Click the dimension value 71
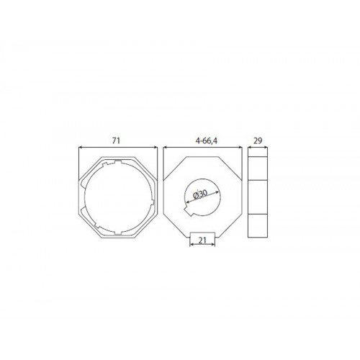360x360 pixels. click(x=116, y=141)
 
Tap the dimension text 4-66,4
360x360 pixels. click(x=207, y=141)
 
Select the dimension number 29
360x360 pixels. click(x=258, y=141)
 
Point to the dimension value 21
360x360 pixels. click(x=202, y=240)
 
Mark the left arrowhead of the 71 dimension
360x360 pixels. click(x=81, y=148)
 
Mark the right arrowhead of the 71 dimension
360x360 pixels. click(x=156, y=148)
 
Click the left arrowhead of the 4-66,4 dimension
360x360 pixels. click(x=165, y=148)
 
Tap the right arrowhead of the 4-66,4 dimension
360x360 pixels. click(x=240, y=148)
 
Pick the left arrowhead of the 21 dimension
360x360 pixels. click(x=192, y=245)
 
